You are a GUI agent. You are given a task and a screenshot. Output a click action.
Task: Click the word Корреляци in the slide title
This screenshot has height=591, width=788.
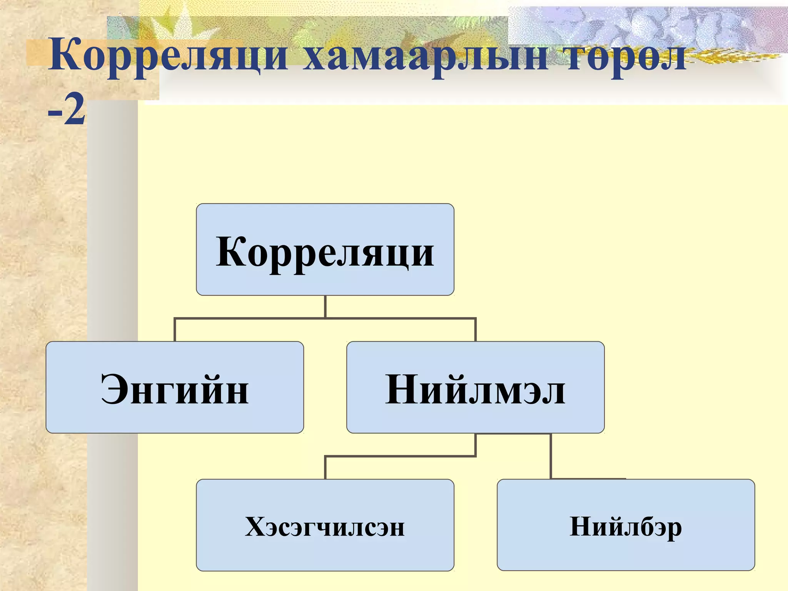pos(168,57)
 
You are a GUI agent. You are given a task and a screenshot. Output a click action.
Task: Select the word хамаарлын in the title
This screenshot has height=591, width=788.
pos(425,57)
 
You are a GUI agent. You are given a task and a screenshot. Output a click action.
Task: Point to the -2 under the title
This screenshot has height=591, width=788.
pos(66,111)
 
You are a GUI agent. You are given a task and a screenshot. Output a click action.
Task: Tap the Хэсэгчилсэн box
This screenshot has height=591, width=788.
pos(325,525)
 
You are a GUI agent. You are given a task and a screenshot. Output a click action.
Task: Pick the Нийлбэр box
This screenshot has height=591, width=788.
pos(626,525)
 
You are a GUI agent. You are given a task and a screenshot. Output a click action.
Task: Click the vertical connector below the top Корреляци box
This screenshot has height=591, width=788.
pos(326,307)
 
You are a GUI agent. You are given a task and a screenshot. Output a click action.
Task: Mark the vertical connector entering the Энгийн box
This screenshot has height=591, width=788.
pos(175,330)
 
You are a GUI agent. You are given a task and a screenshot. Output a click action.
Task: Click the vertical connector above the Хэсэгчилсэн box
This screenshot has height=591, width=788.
pos(326,468)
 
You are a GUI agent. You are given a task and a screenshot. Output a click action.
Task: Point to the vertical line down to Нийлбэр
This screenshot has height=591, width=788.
pos(551,456)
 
